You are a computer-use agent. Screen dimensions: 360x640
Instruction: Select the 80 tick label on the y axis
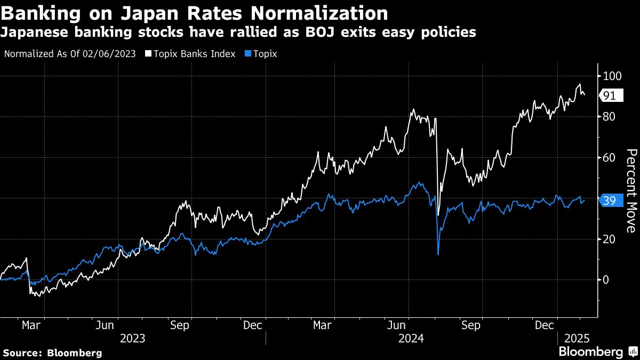[609, 117]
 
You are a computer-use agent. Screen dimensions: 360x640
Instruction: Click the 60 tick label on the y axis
[609, 157]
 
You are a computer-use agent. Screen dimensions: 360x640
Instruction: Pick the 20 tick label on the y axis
[609, 239]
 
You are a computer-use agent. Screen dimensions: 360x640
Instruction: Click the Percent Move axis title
[630, 191]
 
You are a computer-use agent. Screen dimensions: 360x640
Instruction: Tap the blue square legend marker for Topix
[247, 54]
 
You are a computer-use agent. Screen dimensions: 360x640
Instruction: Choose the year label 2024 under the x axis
[412, 338]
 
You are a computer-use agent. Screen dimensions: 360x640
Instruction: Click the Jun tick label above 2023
[107, 325]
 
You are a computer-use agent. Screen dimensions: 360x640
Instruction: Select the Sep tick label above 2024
[470, 325]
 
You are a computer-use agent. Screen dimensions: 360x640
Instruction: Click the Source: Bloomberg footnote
[52, 353]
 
